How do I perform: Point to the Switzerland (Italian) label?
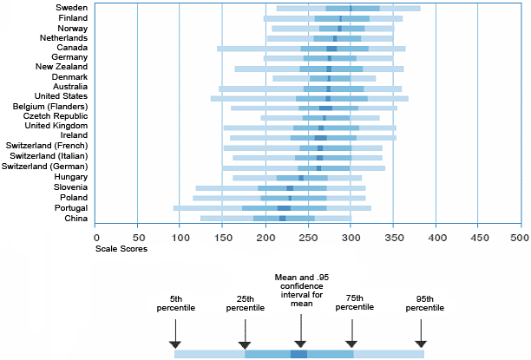pyautogui.click(x=49, y=157)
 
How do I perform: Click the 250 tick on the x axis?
pyautogui.click(x=306, y=235)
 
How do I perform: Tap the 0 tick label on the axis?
pyautogui.click(x=95, y=235)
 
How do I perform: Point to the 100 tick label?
pyautogui.click(x=179, y=235)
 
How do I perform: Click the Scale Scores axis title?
pyautogui.click(x=121, y=249)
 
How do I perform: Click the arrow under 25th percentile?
pyautogui.click(x=245, y=332)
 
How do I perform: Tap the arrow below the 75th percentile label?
pyautogui.click(x=351, y=332)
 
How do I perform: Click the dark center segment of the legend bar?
pyautogui.click(x=298, y=354)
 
